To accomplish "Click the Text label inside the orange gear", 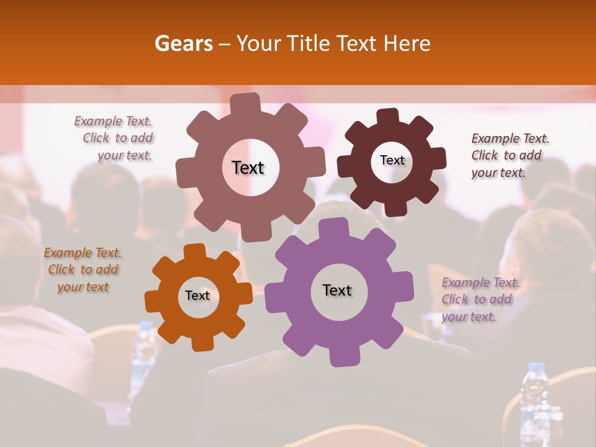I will [x=197, y=296].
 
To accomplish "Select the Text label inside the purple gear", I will [x=337, y=291].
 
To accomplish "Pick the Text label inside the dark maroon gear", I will [x=392, y=160].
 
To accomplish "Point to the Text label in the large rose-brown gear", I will [x=248, y=168].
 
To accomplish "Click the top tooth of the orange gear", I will [x=195, y=251].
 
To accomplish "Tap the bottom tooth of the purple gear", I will [x=340, y=358].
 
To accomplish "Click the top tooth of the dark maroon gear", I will [x=388, y=116].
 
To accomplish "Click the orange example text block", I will [x=83, y=270].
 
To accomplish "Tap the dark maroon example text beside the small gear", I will [x=510, y=155].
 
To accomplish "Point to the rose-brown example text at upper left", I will [x=114, y=138].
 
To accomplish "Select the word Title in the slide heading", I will [x=309, y=43].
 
